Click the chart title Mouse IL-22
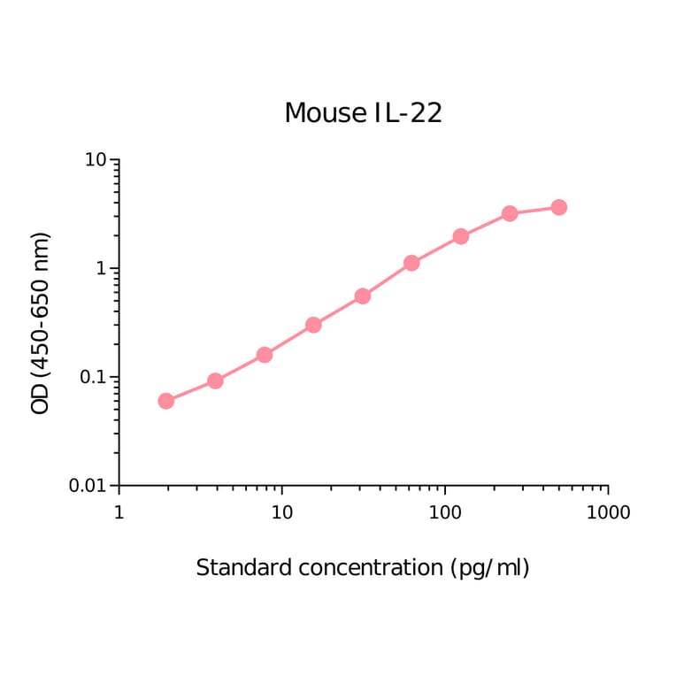tap(363, 113)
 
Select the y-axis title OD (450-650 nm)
tap(41, 323)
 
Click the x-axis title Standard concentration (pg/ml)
tap(363, 567)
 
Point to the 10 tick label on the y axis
tap(96, 160)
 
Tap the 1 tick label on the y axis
tap(101, 269)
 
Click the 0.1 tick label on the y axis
tap(91, 378)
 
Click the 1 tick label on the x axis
tap(119, 512)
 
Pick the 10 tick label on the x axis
tap(281, 512)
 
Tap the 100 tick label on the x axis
tap(445, 512)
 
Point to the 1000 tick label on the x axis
tap(607, 512)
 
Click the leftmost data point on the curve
tap(165, 401)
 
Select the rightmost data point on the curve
tap(558, 207)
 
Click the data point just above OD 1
tap(411, 263)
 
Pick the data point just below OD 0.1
tap(215, 380)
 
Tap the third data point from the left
tap(264, 355)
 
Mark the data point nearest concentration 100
tap(460, 236)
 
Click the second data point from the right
tap(510, 213)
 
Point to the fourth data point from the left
tap(313, 325)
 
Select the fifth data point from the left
tap(362, 296)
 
